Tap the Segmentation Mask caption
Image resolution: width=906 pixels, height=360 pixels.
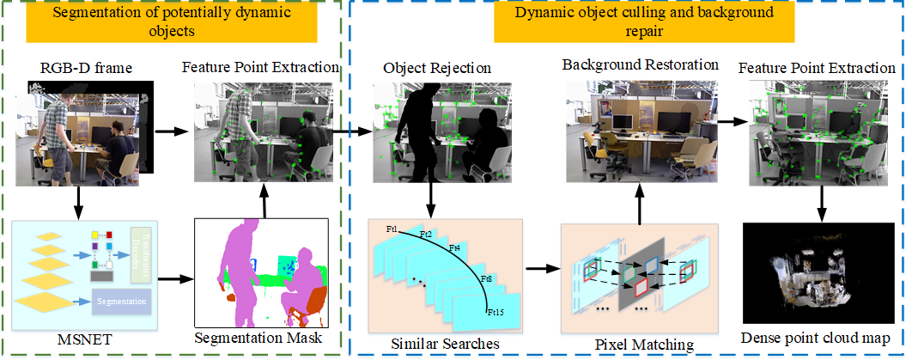259,337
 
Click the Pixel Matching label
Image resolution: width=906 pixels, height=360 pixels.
644,345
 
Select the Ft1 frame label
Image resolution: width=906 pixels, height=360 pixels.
392,229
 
